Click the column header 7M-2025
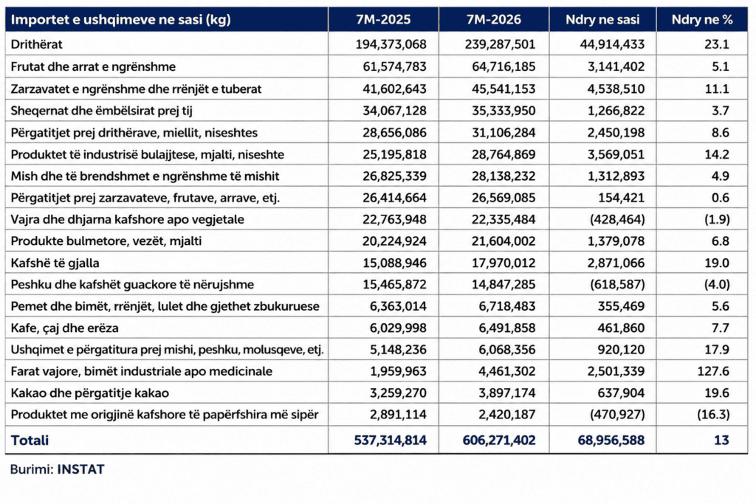coord(383,20)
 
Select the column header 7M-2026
coord(494,20)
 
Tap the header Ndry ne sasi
coord(602,20)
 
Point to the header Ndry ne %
coord(702,20)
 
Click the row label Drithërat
coord(37,44)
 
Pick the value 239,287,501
coord(500,44)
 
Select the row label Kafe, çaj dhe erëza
coord(65,328)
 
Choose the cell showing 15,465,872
coord(394,284)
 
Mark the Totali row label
coord(30,440)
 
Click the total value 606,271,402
coord(499,440)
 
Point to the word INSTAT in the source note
coord(80,469)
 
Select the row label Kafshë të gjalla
coord(55,263)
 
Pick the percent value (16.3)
coord(713,415)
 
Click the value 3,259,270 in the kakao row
coord(398,393)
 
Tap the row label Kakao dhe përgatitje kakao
coord(89,393)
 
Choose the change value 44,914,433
coord(612,44)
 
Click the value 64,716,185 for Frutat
coord(504,66)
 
